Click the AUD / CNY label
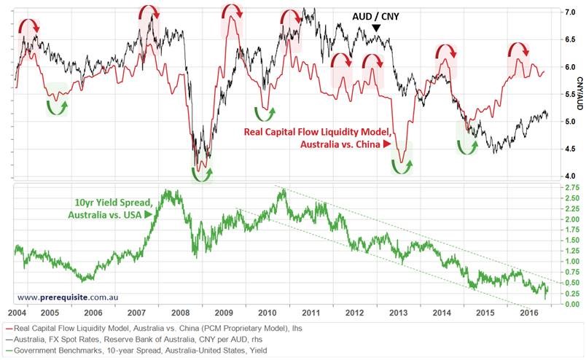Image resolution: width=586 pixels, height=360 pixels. (x=375, y=15)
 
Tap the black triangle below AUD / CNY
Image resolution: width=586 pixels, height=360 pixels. (x=376, y=28)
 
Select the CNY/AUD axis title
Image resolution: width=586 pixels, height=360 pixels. (x=580, y=94)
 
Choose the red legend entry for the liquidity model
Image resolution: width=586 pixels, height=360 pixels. (x=153, y=327)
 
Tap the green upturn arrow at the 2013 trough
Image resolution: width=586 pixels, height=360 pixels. (x=399, y=165)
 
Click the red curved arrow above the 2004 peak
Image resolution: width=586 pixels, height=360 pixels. (x=29, y=26)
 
